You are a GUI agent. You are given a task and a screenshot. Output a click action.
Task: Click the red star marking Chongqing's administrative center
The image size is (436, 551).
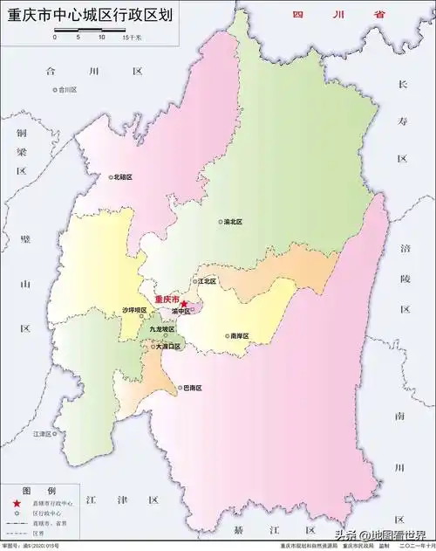click(184, 303)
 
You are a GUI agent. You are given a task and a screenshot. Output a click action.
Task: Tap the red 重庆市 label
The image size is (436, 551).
click(166, 299)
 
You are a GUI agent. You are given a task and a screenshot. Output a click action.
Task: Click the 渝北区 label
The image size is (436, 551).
click(233, 222)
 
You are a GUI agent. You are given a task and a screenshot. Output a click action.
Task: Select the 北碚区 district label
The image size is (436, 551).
click(123, 176)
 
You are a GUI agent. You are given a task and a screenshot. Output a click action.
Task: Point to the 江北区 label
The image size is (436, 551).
click(207, 281)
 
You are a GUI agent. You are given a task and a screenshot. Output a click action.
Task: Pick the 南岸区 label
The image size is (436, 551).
click(239, 335)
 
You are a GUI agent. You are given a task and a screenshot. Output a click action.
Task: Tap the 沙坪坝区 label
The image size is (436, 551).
click(135, 310)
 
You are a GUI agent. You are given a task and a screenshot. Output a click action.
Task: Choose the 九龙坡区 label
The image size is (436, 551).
click(163, 329)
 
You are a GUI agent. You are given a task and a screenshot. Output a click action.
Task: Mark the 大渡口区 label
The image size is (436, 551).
click(167, 347)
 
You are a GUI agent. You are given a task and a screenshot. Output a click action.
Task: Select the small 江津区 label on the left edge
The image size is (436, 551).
click(43, 433)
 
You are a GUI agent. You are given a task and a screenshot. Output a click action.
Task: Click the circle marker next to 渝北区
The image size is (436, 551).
click(221, 222)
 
